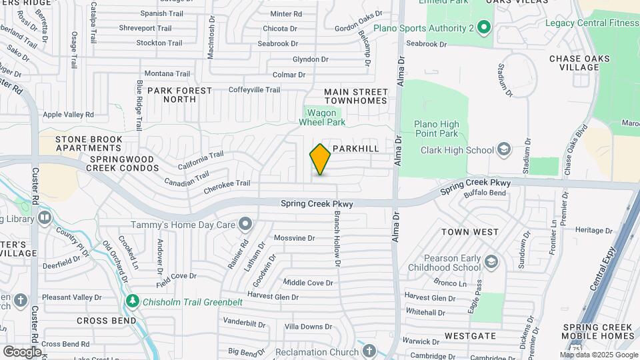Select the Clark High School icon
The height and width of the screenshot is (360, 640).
[x=503, y=150]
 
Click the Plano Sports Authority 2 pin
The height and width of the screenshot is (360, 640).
[x=485, y=28]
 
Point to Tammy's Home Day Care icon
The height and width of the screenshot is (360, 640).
[x=246, y=223]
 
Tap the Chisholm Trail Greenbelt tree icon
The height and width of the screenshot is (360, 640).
[x=133, y=301]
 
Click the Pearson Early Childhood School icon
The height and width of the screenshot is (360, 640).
[x=492, y=260]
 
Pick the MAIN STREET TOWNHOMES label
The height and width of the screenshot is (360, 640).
[x=355, y=96]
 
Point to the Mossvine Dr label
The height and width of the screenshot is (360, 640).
[x=294, y=238]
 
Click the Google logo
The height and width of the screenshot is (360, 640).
[x=22, y=351]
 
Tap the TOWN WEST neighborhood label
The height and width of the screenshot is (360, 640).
[x=469, y=232]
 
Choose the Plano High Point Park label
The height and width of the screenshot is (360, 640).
[x=437, y=129]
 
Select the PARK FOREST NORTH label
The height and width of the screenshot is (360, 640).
[x=180, y=95]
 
